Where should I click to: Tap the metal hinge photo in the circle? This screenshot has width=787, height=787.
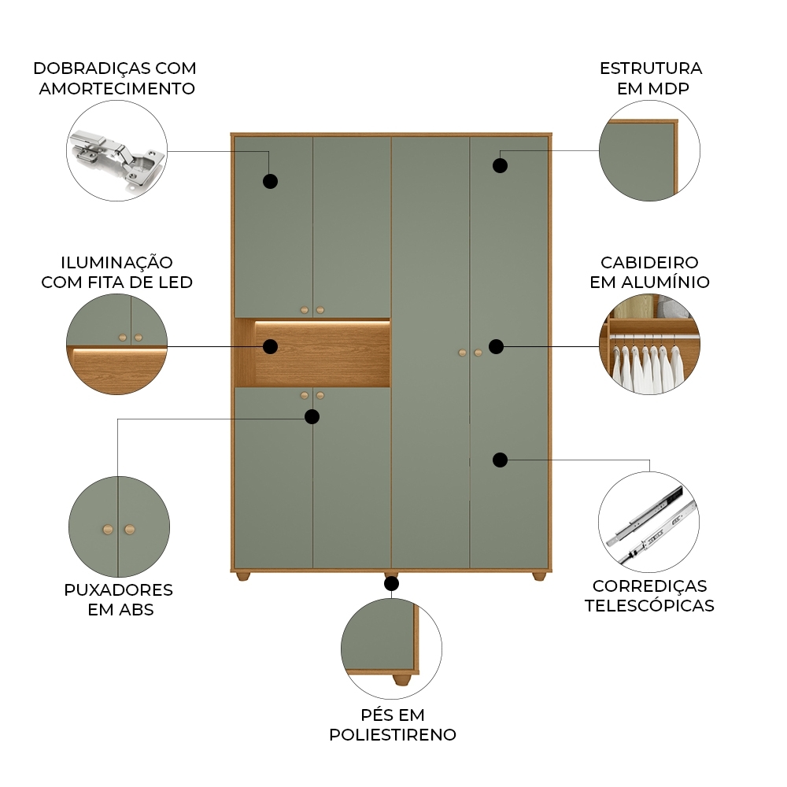118,157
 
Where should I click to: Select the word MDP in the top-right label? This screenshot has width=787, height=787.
670,88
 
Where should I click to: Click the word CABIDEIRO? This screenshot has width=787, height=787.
649,262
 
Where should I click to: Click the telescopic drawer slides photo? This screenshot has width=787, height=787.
648,523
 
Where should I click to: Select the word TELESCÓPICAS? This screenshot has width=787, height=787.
649,606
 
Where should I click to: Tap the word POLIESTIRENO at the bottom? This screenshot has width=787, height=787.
393,735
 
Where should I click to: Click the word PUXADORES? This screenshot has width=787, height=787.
118,589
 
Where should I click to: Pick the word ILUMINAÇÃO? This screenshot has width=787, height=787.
116,262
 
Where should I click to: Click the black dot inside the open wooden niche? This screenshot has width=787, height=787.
270,346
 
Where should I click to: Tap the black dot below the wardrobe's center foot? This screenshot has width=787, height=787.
391,583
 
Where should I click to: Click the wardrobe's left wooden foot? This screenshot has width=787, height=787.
243,577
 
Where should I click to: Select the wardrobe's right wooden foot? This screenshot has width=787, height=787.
538,577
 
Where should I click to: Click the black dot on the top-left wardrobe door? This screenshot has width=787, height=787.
270,181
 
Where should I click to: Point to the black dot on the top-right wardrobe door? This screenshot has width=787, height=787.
500,165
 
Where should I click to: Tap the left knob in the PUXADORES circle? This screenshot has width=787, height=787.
108,529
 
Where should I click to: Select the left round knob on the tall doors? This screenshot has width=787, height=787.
462,353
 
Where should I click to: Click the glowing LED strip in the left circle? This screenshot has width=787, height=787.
118,353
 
